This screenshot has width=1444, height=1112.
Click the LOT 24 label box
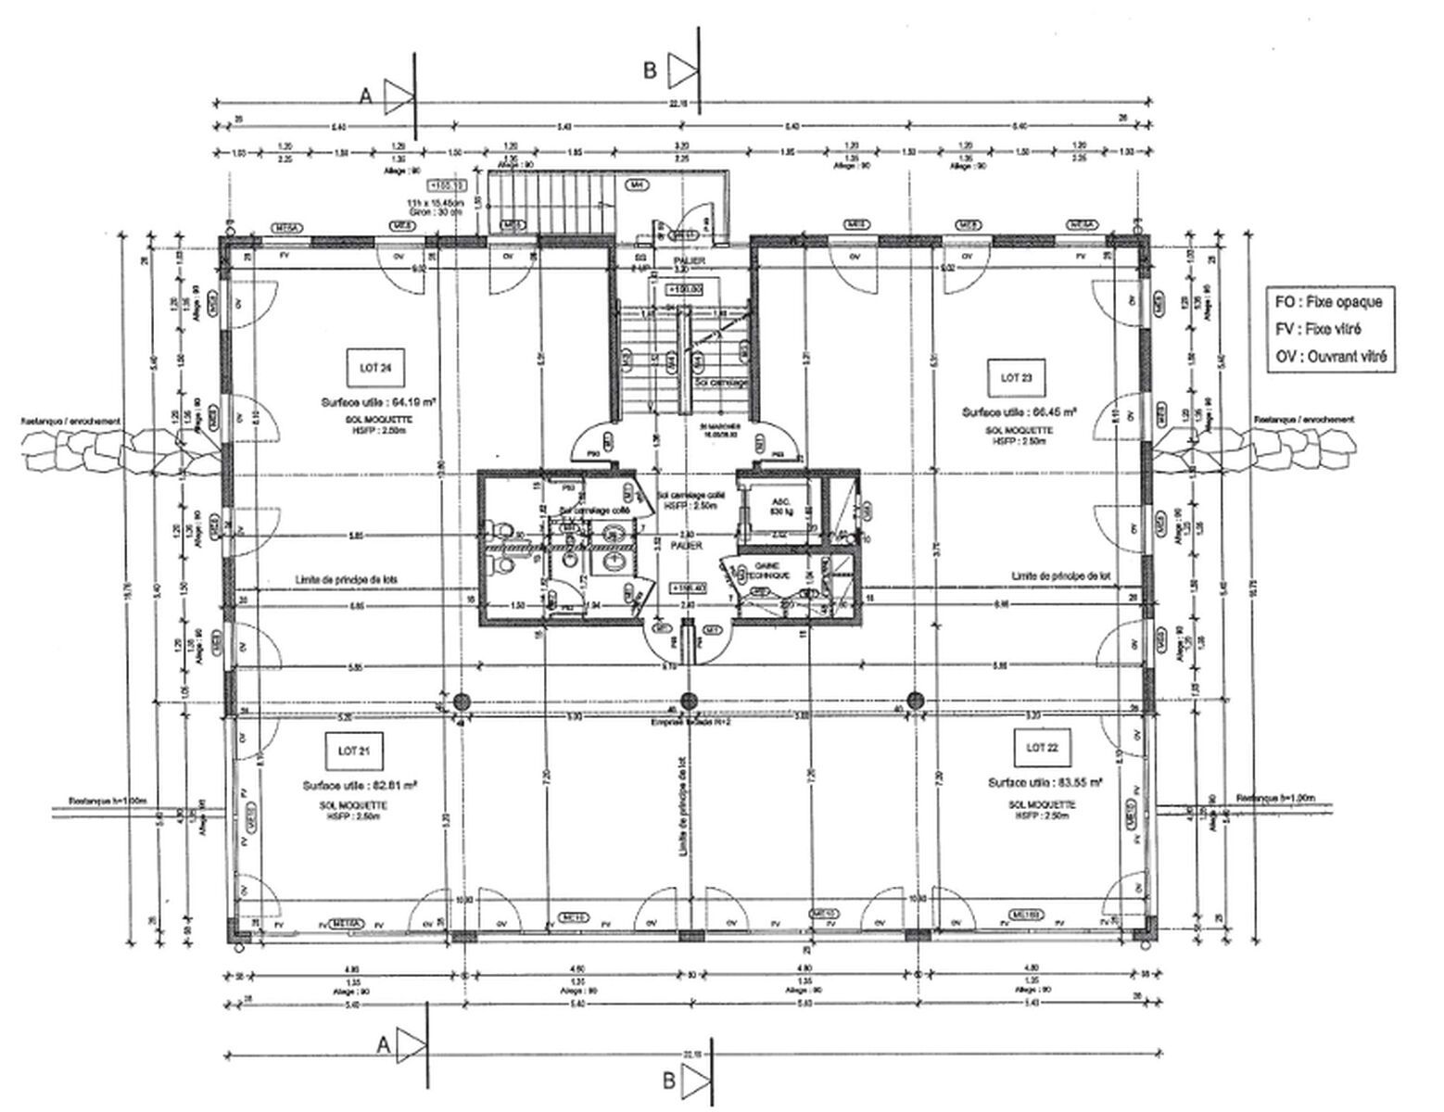366,368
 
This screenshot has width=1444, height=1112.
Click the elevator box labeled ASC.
775,508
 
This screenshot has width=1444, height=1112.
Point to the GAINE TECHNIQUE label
771,571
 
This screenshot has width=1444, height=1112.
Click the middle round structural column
688,700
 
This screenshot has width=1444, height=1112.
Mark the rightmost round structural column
916,700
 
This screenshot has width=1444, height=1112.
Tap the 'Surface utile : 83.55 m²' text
1045,782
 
